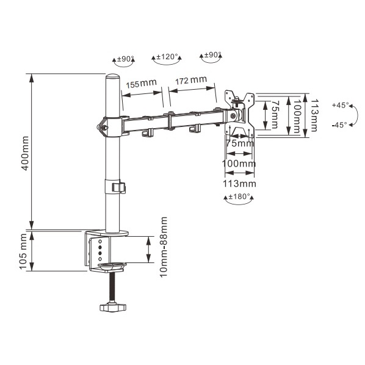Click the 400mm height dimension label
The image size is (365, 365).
pyautogui.click(x=25, y=153)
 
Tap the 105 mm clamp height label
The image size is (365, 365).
pyautogui.click(x=24, y=251)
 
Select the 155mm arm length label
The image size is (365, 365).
pyautogui.click(x=142, y=84)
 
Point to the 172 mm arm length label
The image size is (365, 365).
pyautogui.click(x=191, y=81)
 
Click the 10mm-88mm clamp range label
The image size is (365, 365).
pyautogui.click(x=164, y=247)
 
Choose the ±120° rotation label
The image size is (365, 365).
pyautogui.click(x=167, y=57)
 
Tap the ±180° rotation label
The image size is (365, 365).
pyautogui.click(x=239, y=197)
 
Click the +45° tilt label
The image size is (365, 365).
pyautogui.click(x=341, y=105)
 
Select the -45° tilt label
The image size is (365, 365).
pyautogui.click(x=339, y=125)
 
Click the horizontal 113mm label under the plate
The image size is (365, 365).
pyautogui.click(x=239, y=184)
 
